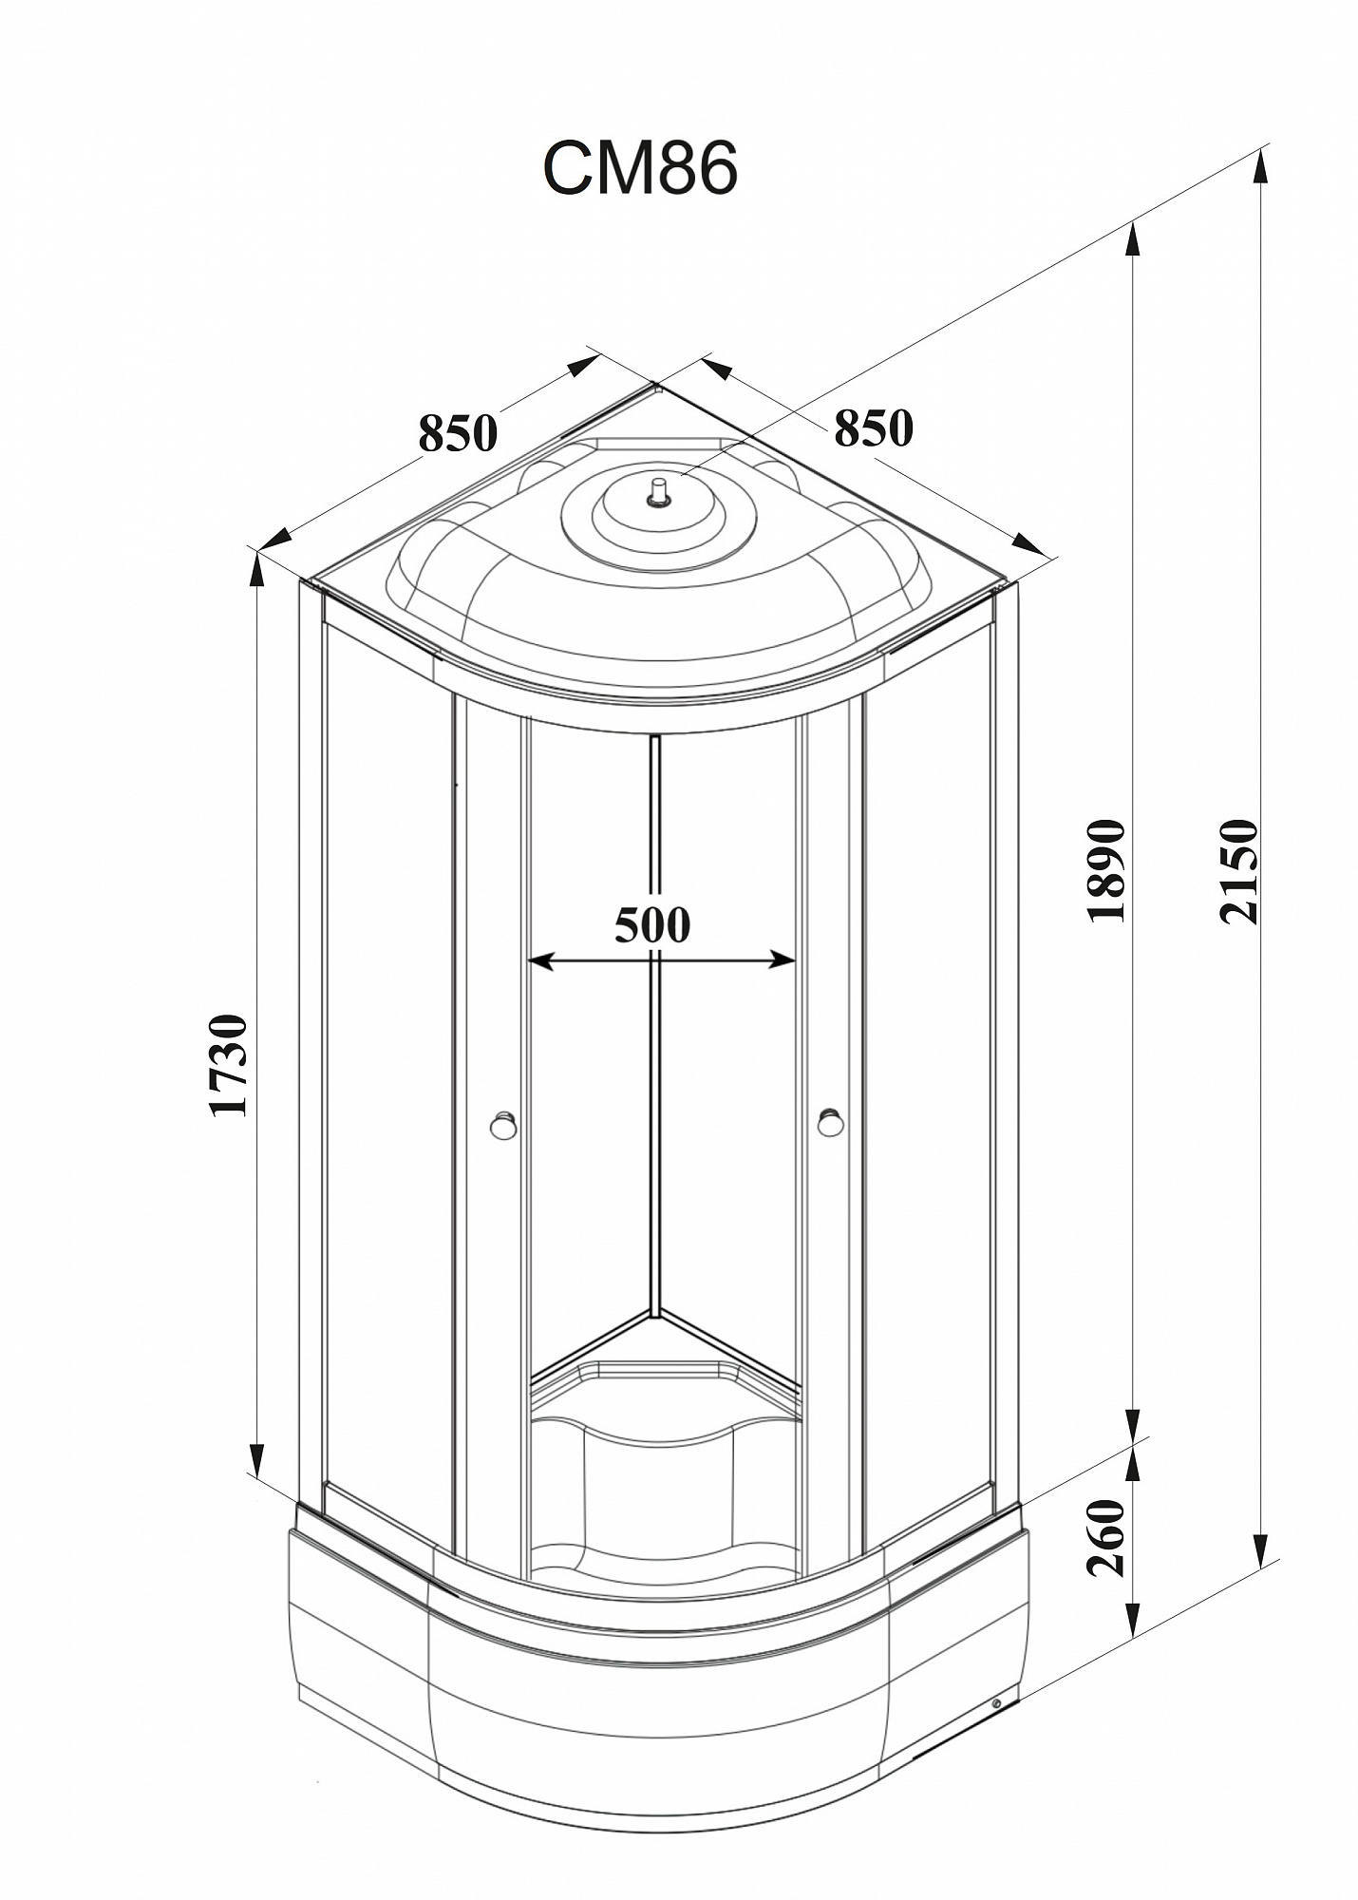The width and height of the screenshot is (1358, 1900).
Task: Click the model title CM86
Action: [x=640, y=170]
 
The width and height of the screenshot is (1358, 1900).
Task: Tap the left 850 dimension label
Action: [x=458, y=433]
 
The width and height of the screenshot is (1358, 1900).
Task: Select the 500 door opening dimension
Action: [x=652, y=924]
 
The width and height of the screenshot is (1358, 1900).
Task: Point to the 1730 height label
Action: [x=230, y=1066]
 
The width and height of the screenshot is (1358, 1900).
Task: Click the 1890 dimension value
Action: [x=1106, y=870]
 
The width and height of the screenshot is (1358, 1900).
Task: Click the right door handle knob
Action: [x=831, y=1122]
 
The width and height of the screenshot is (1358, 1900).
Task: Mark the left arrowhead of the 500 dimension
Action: [x=540, y=961]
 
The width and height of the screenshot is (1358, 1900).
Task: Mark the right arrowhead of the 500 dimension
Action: [x=782, y=960]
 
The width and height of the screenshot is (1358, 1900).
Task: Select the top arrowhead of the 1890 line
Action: [x=1131, y=239]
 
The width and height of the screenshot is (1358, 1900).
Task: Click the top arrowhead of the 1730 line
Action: [x=256, y=569]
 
